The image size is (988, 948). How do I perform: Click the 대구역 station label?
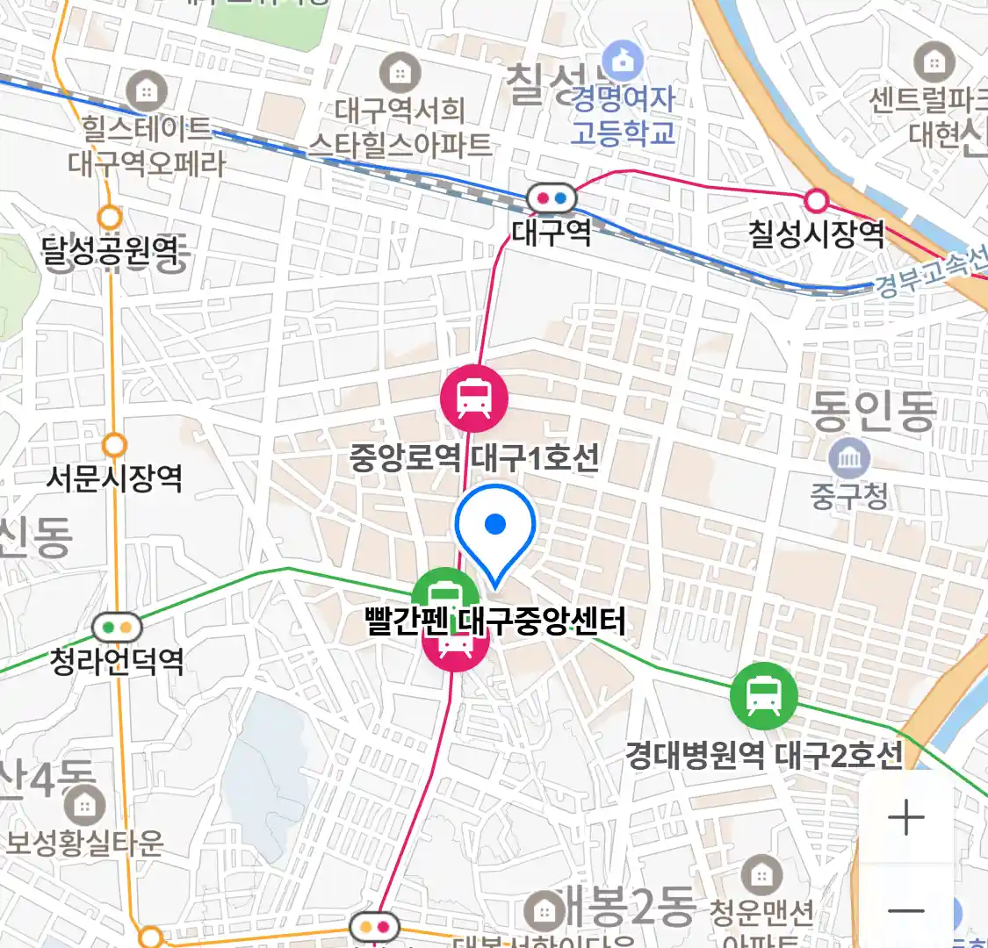coord(552,232)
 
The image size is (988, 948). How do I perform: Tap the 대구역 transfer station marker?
coord(552,198)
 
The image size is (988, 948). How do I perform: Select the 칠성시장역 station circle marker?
coord(817,201)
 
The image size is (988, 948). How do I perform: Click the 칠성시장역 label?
coord(816,233)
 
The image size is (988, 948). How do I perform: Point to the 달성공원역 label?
coord(111,252)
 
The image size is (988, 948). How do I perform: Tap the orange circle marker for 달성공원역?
coord(111,216)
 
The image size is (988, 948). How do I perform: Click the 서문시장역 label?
coord(114,478)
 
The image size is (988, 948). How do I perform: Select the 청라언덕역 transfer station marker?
coord(117,628)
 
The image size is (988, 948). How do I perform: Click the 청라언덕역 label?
coord(117,660)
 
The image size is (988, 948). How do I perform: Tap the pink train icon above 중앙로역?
coord(474,398)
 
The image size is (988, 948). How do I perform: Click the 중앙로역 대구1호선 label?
coord(474,457)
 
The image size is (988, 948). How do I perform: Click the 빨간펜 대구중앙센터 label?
coord(495,621)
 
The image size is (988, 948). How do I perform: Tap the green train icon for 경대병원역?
coord(763,695)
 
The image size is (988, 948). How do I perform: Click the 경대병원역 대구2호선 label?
coord(763,755)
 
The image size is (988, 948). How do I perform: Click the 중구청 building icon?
coord(849,459)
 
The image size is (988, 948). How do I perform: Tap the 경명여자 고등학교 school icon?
coord(624,61)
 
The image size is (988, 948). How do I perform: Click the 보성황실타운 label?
coord(84,844)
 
